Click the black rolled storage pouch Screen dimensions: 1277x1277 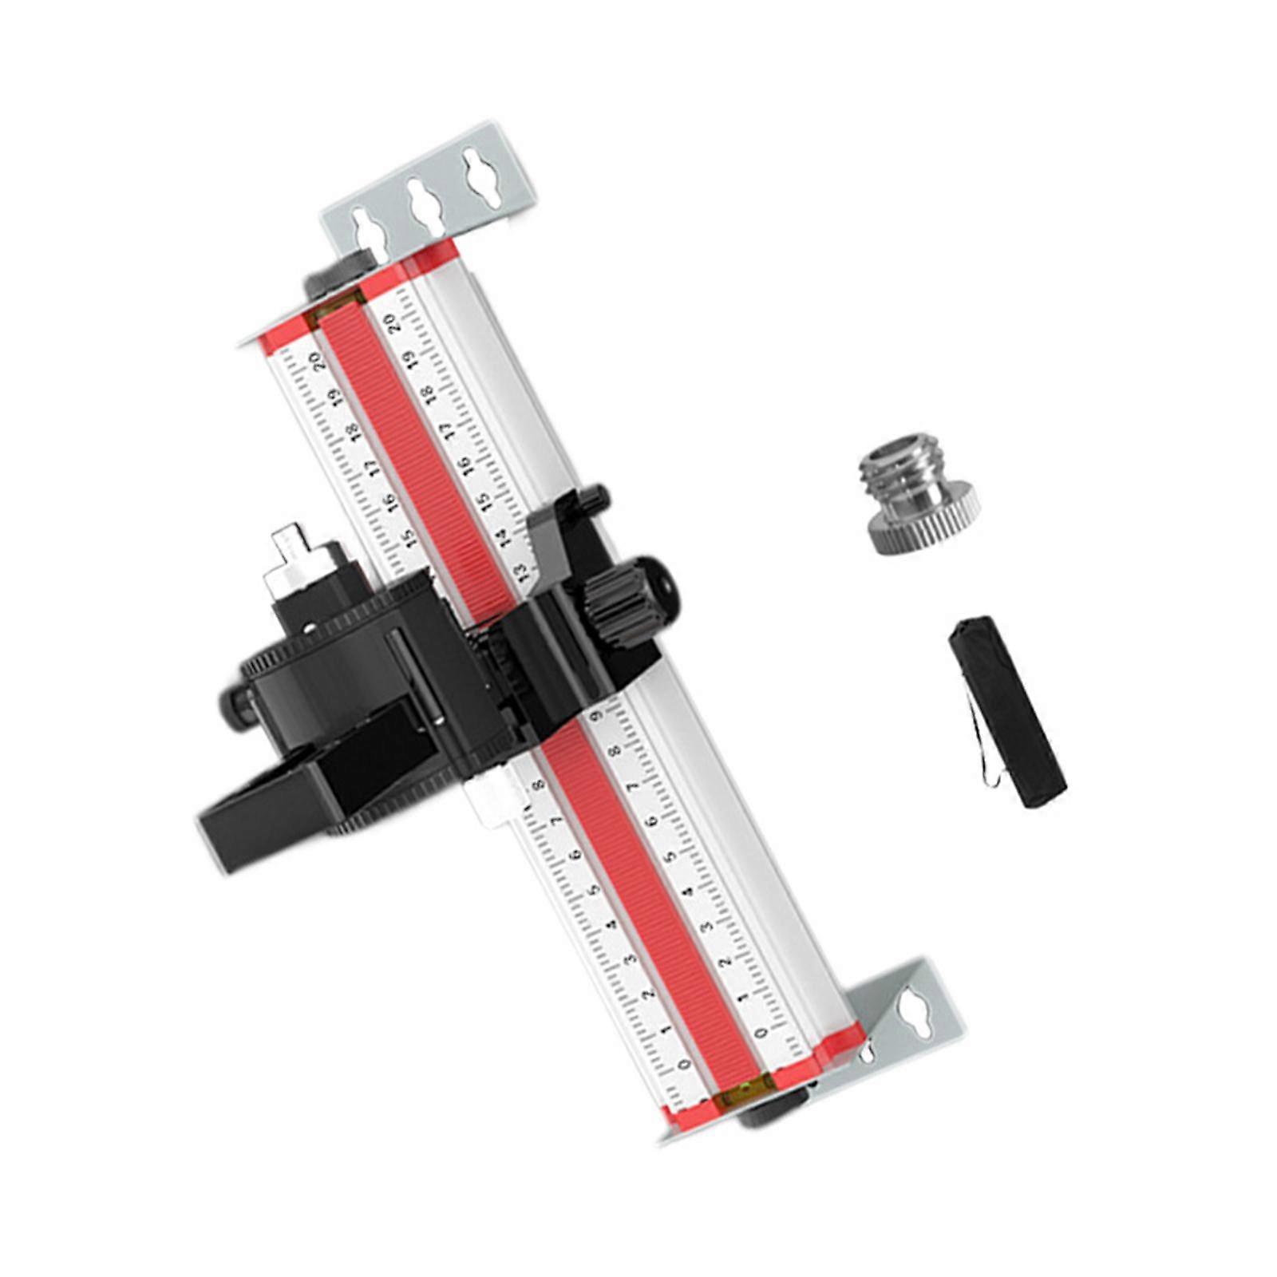point(1008,710)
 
